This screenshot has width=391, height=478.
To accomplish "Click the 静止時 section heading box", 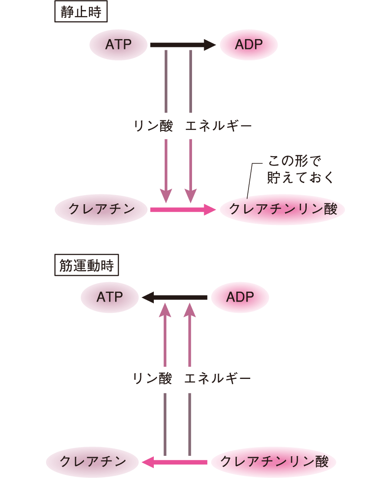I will click(x=81, y=13).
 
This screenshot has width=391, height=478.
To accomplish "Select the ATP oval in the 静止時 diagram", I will click(x=118, y=44).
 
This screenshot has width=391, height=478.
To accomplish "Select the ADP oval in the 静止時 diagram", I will click(x=249, y=44).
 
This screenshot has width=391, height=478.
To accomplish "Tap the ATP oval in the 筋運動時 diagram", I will click(x=109, y=297).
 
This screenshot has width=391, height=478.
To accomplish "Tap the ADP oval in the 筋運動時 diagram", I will click(x=240, y=297).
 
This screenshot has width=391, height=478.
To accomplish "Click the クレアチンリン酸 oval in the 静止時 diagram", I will click(x=283, y=209).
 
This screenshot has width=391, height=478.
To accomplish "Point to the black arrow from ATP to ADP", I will click(x=182, y=44).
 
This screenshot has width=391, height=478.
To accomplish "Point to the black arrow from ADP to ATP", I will click(x=174, y=297).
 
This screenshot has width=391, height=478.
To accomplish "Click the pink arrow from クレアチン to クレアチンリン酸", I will click(x=182, y=209).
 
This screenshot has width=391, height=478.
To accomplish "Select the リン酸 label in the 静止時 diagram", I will click(x=153, y=126).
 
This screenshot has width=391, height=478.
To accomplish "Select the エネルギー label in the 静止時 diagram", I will click(x=219, y=126).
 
